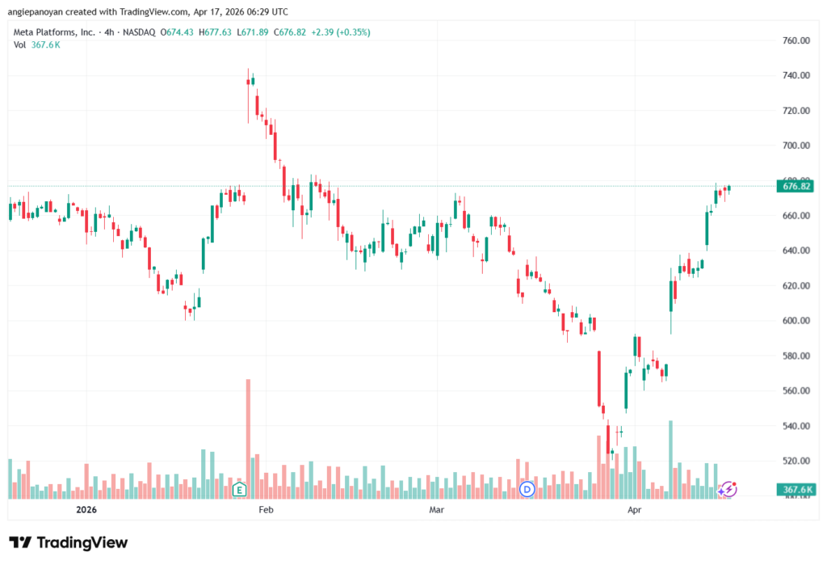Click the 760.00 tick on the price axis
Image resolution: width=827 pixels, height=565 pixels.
pyautogui.click(x=796, y=40)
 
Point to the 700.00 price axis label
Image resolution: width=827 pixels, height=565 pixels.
pyautogui.click(x=796, y=145)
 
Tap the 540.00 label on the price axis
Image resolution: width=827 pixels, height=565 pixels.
pyautogui.click(x=796, y=426)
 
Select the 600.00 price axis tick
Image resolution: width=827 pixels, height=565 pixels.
pyautogui.click(x=796, y=321)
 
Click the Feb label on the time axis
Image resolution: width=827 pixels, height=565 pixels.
pyautogui.click(x=266, y=510)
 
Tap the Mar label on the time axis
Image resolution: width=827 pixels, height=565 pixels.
pyautogui.click(x=437, y=510)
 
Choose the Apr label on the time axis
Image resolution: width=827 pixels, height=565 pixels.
pyautogui.click(x=635, y=510)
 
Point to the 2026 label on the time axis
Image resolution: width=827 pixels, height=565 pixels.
pyautogui.click(x=86, y=510)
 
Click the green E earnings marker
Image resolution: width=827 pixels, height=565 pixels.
pyautogui.click(x=239, y=489)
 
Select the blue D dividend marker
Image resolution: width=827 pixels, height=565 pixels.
pyautogui.click(x=528, y=489)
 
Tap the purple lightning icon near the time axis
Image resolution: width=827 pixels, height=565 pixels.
pyautogui.click(x=728, y=488)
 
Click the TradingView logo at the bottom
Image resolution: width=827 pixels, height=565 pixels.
pyautogui.click(x=68, y=542)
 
